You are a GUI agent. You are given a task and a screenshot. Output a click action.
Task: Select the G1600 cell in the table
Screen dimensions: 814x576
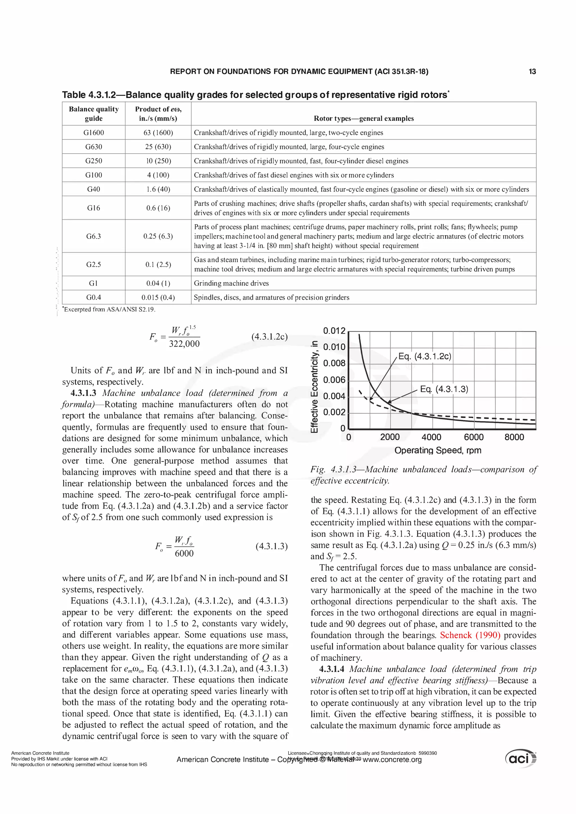94,133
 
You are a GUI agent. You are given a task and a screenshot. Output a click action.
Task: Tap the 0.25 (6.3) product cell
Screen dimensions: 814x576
158,236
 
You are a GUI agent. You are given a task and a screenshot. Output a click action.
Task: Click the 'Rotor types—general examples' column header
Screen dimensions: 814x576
363,118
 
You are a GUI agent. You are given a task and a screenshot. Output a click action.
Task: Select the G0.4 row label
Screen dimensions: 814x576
94,298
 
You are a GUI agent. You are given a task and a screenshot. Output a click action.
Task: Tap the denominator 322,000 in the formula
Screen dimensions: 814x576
184,344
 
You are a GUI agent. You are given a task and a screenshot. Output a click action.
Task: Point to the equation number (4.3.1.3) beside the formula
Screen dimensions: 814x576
271,546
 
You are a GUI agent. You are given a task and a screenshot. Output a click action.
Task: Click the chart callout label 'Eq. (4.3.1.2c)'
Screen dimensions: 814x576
424,356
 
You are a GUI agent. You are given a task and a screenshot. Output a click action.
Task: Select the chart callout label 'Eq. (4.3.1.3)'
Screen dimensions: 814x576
444,389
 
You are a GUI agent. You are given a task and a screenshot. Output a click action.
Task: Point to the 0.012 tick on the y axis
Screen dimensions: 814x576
334,331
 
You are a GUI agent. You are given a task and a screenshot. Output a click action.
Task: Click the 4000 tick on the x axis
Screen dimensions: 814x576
431,437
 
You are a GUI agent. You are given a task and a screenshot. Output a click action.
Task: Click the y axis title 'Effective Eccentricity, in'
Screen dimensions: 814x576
314,386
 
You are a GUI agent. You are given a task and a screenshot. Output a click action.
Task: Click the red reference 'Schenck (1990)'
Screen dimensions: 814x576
470,635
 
